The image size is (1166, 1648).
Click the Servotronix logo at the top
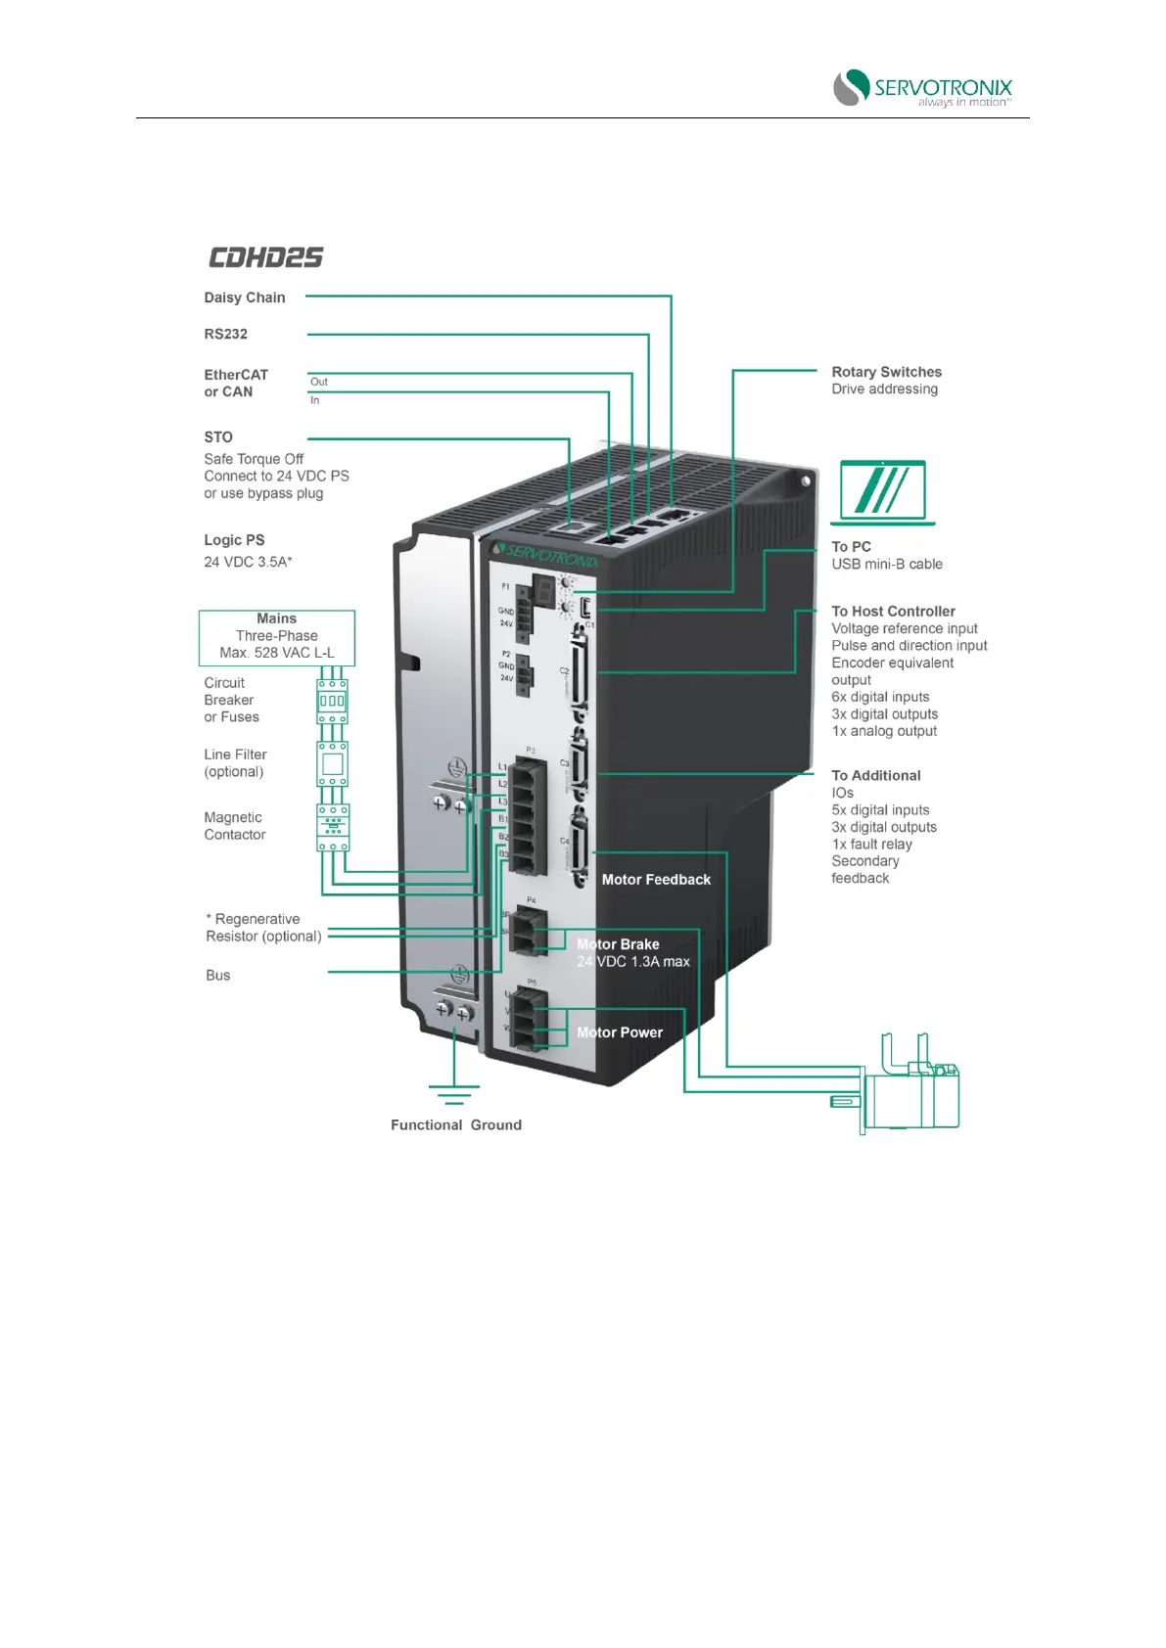click(922, 87)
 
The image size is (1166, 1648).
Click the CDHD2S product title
click(265, 257)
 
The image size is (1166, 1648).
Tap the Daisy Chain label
click(245, 298)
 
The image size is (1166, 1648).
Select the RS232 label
click(226, 334)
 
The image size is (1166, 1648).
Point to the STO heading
click(218, 437)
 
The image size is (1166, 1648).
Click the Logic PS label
click(234, 540)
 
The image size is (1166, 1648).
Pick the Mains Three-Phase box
click(277, 636)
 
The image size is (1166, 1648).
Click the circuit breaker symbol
click(333, 701)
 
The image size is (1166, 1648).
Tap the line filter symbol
click(333, 764)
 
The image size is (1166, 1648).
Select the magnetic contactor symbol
click(333, 827)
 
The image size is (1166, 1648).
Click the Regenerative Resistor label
click(262, 928)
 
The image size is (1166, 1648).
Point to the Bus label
click(218, 976)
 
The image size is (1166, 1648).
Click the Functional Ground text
click(456, 1125)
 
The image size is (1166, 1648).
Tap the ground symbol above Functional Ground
click(454, 1093)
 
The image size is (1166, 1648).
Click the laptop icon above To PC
click(883, 492)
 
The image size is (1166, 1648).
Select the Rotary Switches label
click(886, 372)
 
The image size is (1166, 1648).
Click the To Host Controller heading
click(893, 612)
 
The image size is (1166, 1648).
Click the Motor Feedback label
click(656, 880)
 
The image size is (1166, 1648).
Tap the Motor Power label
click(620, 1032)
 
